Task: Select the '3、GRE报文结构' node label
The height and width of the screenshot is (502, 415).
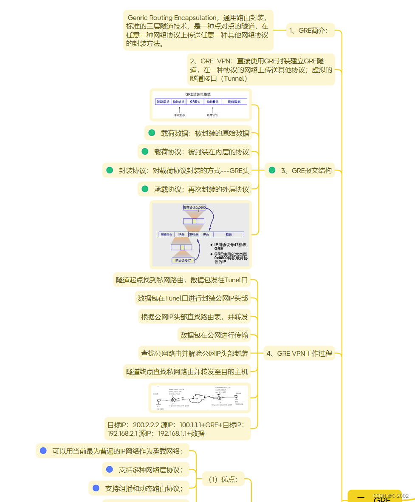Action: [306, 170]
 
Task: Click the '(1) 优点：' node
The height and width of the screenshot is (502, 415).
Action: [223, 479]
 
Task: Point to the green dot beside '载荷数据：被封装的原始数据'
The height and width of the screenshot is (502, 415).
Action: [152, 133]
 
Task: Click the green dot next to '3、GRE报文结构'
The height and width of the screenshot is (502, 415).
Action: [272, 170]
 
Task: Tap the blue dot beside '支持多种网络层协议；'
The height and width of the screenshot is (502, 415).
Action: [110, 469]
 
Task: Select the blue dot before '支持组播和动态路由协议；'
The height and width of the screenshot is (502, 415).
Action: [96, 488]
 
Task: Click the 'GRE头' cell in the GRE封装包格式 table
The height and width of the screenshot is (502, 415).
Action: [195, 102]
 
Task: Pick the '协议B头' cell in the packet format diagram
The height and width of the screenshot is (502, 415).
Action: [212, 102]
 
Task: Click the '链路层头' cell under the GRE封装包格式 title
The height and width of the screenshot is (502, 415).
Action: [163, 102]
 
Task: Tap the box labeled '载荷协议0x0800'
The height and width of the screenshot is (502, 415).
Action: [195, 207]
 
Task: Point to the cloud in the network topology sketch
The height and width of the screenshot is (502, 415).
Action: [197, 398]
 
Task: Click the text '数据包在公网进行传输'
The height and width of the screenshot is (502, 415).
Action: [214, 335]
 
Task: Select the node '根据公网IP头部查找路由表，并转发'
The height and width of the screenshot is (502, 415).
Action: [194, 317]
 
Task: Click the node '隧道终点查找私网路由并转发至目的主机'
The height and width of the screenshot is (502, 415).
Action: [187, 372]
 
